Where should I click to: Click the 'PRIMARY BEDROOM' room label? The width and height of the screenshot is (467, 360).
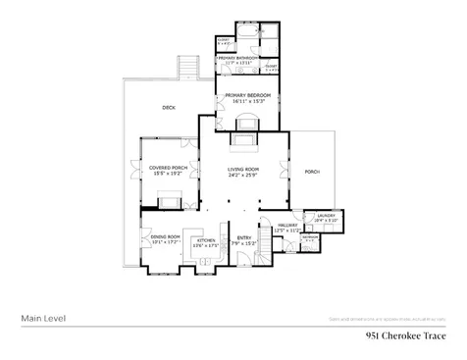click(246, 95)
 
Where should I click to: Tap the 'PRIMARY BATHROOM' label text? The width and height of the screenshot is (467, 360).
click(237, 58)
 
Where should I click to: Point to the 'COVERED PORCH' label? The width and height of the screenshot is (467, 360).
click(168, 168)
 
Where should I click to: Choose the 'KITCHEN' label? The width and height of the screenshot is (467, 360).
click(206, 239)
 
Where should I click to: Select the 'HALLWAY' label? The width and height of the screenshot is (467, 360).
click(285, 228)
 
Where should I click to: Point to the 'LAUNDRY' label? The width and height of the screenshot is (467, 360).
click(325, 217)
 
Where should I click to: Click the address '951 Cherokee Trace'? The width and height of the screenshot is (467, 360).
click(404, 335)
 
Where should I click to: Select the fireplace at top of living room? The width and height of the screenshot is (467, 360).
click(242, 139)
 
